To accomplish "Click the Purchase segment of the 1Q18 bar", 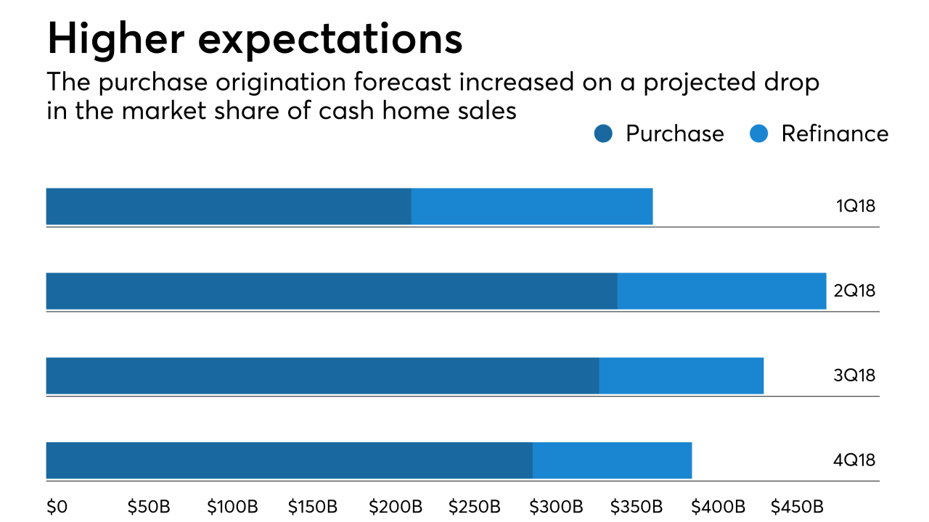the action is click(229, 207).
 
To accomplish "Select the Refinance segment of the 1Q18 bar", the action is click(532, 207).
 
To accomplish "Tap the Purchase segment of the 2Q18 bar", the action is click(332, 291).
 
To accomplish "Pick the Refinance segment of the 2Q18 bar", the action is click(721, 291).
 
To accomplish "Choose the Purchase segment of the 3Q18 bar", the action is click(323, 376).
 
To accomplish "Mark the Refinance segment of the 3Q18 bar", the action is click(682, 376).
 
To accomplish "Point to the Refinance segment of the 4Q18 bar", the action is click(612, 460).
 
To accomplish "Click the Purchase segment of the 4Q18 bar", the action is click(290, 460).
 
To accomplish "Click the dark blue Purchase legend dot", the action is click(603, 134).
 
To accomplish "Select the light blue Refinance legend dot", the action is click(759, 134).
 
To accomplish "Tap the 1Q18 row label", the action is click(856, 206).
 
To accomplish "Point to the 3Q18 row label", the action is click(854, 376).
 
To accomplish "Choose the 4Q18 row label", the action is click(854, 460).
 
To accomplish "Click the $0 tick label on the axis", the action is click(57, 506).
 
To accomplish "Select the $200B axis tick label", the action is click(396, 506).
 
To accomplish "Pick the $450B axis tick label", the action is click(797, 506).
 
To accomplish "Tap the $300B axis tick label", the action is click(556, 506).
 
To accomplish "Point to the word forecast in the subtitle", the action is click(402, 82).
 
